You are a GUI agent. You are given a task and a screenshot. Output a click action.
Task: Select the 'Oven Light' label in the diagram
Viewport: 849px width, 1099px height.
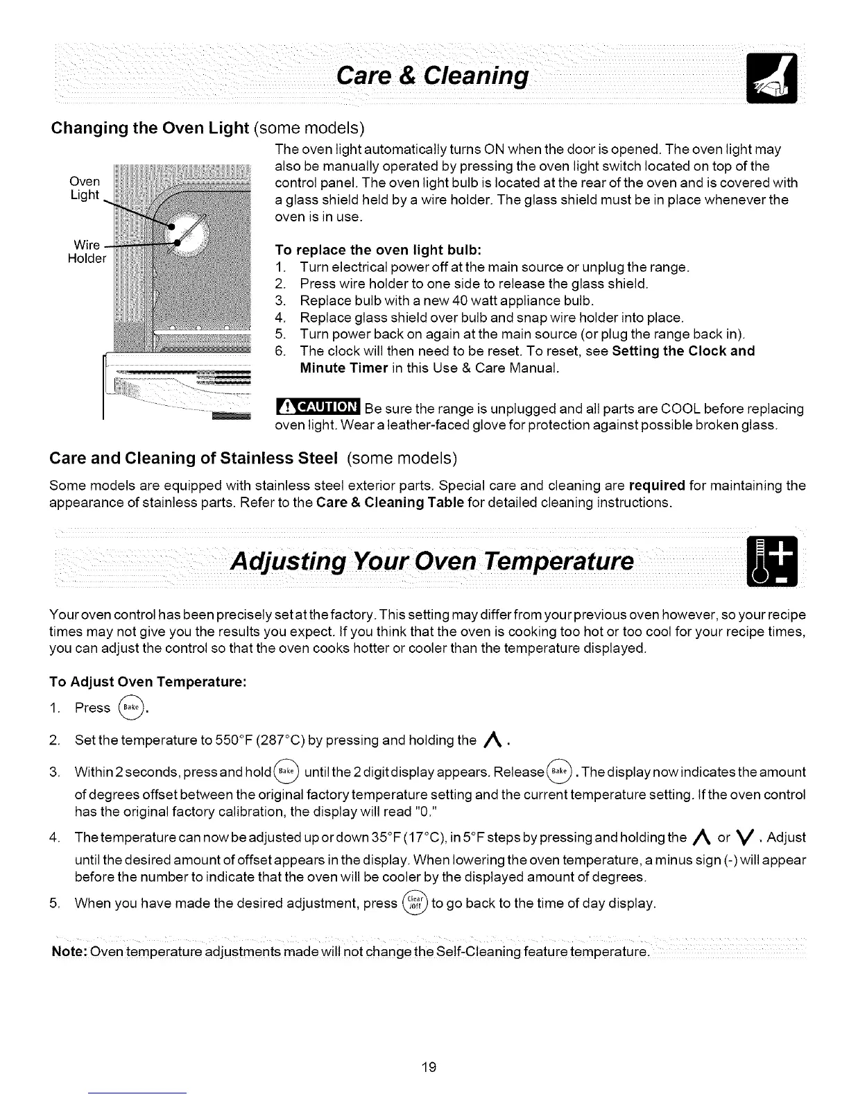click(85, 188)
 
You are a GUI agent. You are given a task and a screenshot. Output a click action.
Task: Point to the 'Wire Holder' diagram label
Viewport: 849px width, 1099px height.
click(87, 252)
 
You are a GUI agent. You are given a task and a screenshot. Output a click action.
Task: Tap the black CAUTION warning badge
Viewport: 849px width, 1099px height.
click(318, 408)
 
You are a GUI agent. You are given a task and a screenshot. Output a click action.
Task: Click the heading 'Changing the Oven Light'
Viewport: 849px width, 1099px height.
click(149, 128)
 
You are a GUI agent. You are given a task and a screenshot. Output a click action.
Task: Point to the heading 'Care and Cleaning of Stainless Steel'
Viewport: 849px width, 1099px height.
click(194, 459)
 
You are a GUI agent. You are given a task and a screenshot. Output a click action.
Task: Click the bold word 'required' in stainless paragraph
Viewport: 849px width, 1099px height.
click(656, 485)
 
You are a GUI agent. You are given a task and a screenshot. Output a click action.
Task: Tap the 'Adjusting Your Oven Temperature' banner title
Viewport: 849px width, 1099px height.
click(433, 561)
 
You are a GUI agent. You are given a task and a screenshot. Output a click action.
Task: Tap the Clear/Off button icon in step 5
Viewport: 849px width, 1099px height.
click(415, 904)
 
